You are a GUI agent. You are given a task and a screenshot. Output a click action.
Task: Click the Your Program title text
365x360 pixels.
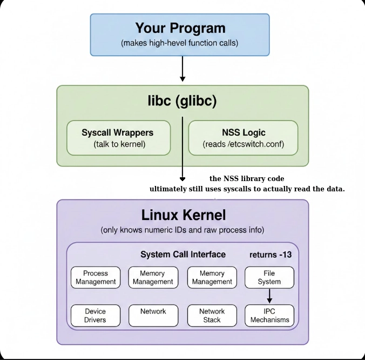point(180,28)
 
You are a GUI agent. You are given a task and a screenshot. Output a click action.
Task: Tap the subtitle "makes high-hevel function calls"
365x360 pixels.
point(180,43)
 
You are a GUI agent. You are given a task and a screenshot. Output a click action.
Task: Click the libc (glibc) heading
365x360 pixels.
point(182,102)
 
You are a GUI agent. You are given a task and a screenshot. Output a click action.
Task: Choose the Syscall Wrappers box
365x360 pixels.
point(118,138)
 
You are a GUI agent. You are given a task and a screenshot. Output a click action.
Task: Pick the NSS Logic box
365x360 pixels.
point(243,138)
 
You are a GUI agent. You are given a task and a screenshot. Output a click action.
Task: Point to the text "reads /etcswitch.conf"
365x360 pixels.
point(243,144)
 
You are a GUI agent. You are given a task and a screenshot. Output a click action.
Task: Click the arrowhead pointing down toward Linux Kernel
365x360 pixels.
point(182,178)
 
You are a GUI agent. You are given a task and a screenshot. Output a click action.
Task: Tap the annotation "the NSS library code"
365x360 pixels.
point(247,178)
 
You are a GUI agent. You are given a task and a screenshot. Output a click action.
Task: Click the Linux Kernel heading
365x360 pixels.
point(184,215)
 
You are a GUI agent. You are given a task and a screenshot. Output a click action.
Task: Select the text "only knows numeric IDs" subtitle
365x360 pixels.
point(182,230)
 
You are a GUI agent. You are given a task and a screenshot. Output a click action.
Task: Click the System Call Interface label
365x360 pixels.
point(183,255)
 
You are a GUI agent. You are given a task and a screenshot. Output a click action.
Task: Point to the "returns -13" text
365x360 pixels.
point(270,255)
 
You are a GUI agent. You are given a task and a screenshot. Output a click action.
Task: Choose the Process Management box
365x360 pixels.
point(96,277)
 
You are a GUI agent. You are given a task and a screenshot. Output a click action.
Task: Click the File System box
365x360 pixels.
point(269,277)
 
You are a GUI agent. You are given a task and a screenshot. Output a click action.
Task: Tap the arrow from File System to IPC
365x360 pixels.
point(269,296)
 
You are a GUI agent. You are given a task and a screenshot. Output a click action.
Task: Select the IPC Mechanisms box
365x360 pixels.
point(269,316)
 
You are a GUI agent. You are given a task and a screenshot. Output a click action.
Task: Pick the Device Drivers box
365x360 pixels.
point(96,316)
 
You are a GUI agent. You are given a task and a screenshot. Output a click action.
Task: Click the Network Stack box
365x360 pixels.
point(212,316)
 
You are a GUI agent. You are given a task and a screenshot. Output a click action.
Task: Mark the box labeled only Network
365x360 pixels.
point(153,316)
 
